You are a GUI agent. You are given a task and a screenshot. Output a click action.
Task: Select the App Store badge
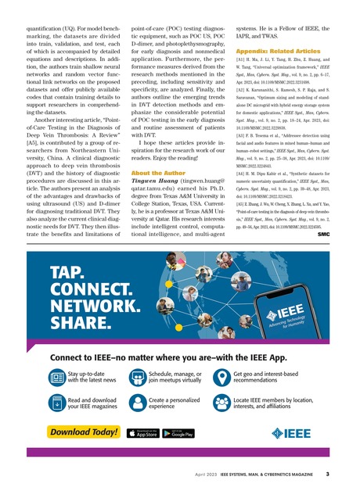tap(139, 433)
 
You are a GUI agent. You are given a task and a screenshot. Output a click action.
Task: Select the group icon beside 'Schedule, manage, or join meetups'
tap(135, 378)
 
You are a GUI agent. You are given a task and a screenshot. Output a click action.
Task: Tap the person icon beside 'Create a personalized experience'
tap(135, 403)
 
